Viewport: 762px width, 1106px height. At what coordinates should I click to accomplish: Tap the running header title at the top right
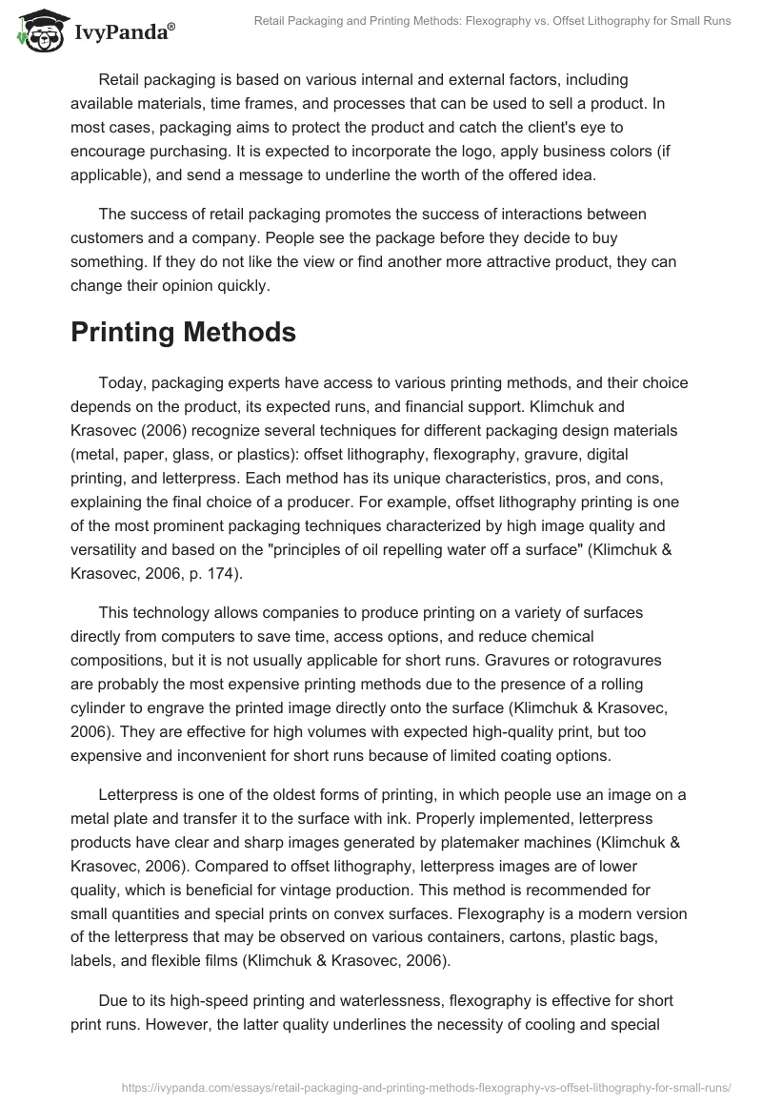pos(492,21)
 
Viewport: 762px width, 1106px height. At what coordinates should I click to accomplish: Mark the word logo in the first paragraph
pos(492,153)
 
